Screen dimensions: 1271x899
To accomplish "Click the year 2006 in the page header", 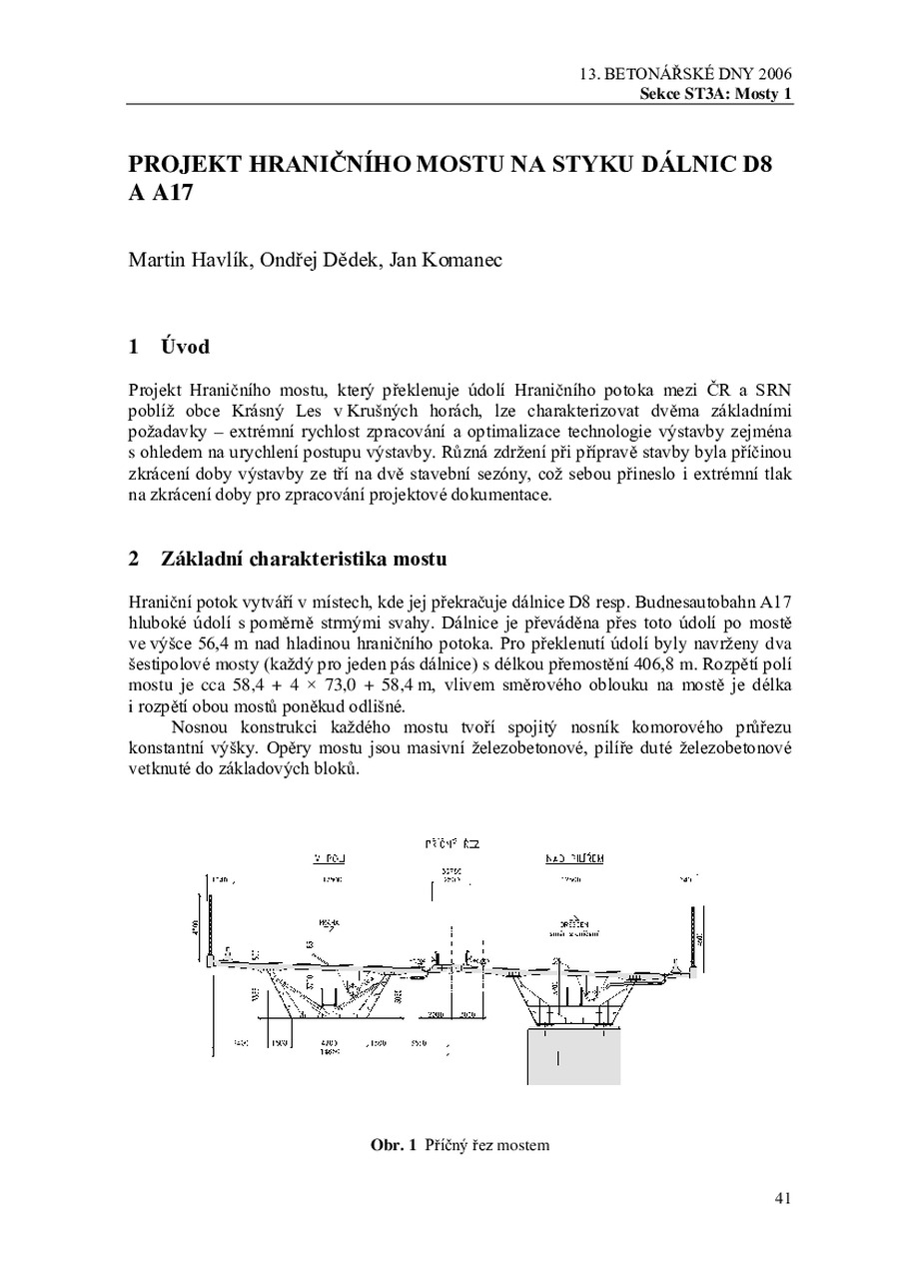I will [x=775, y=75].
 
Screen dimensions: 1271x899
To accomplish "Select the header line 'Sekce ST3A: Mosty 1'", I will [x=716, y=94].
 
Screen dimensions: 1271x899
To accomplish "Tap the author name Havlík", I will [x=213, y=261].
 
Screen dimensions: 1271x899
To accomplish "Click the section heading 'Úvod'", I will [x=185, y=347].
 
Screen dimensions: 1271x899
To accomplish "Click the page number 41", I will [x=782, y=1198].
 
